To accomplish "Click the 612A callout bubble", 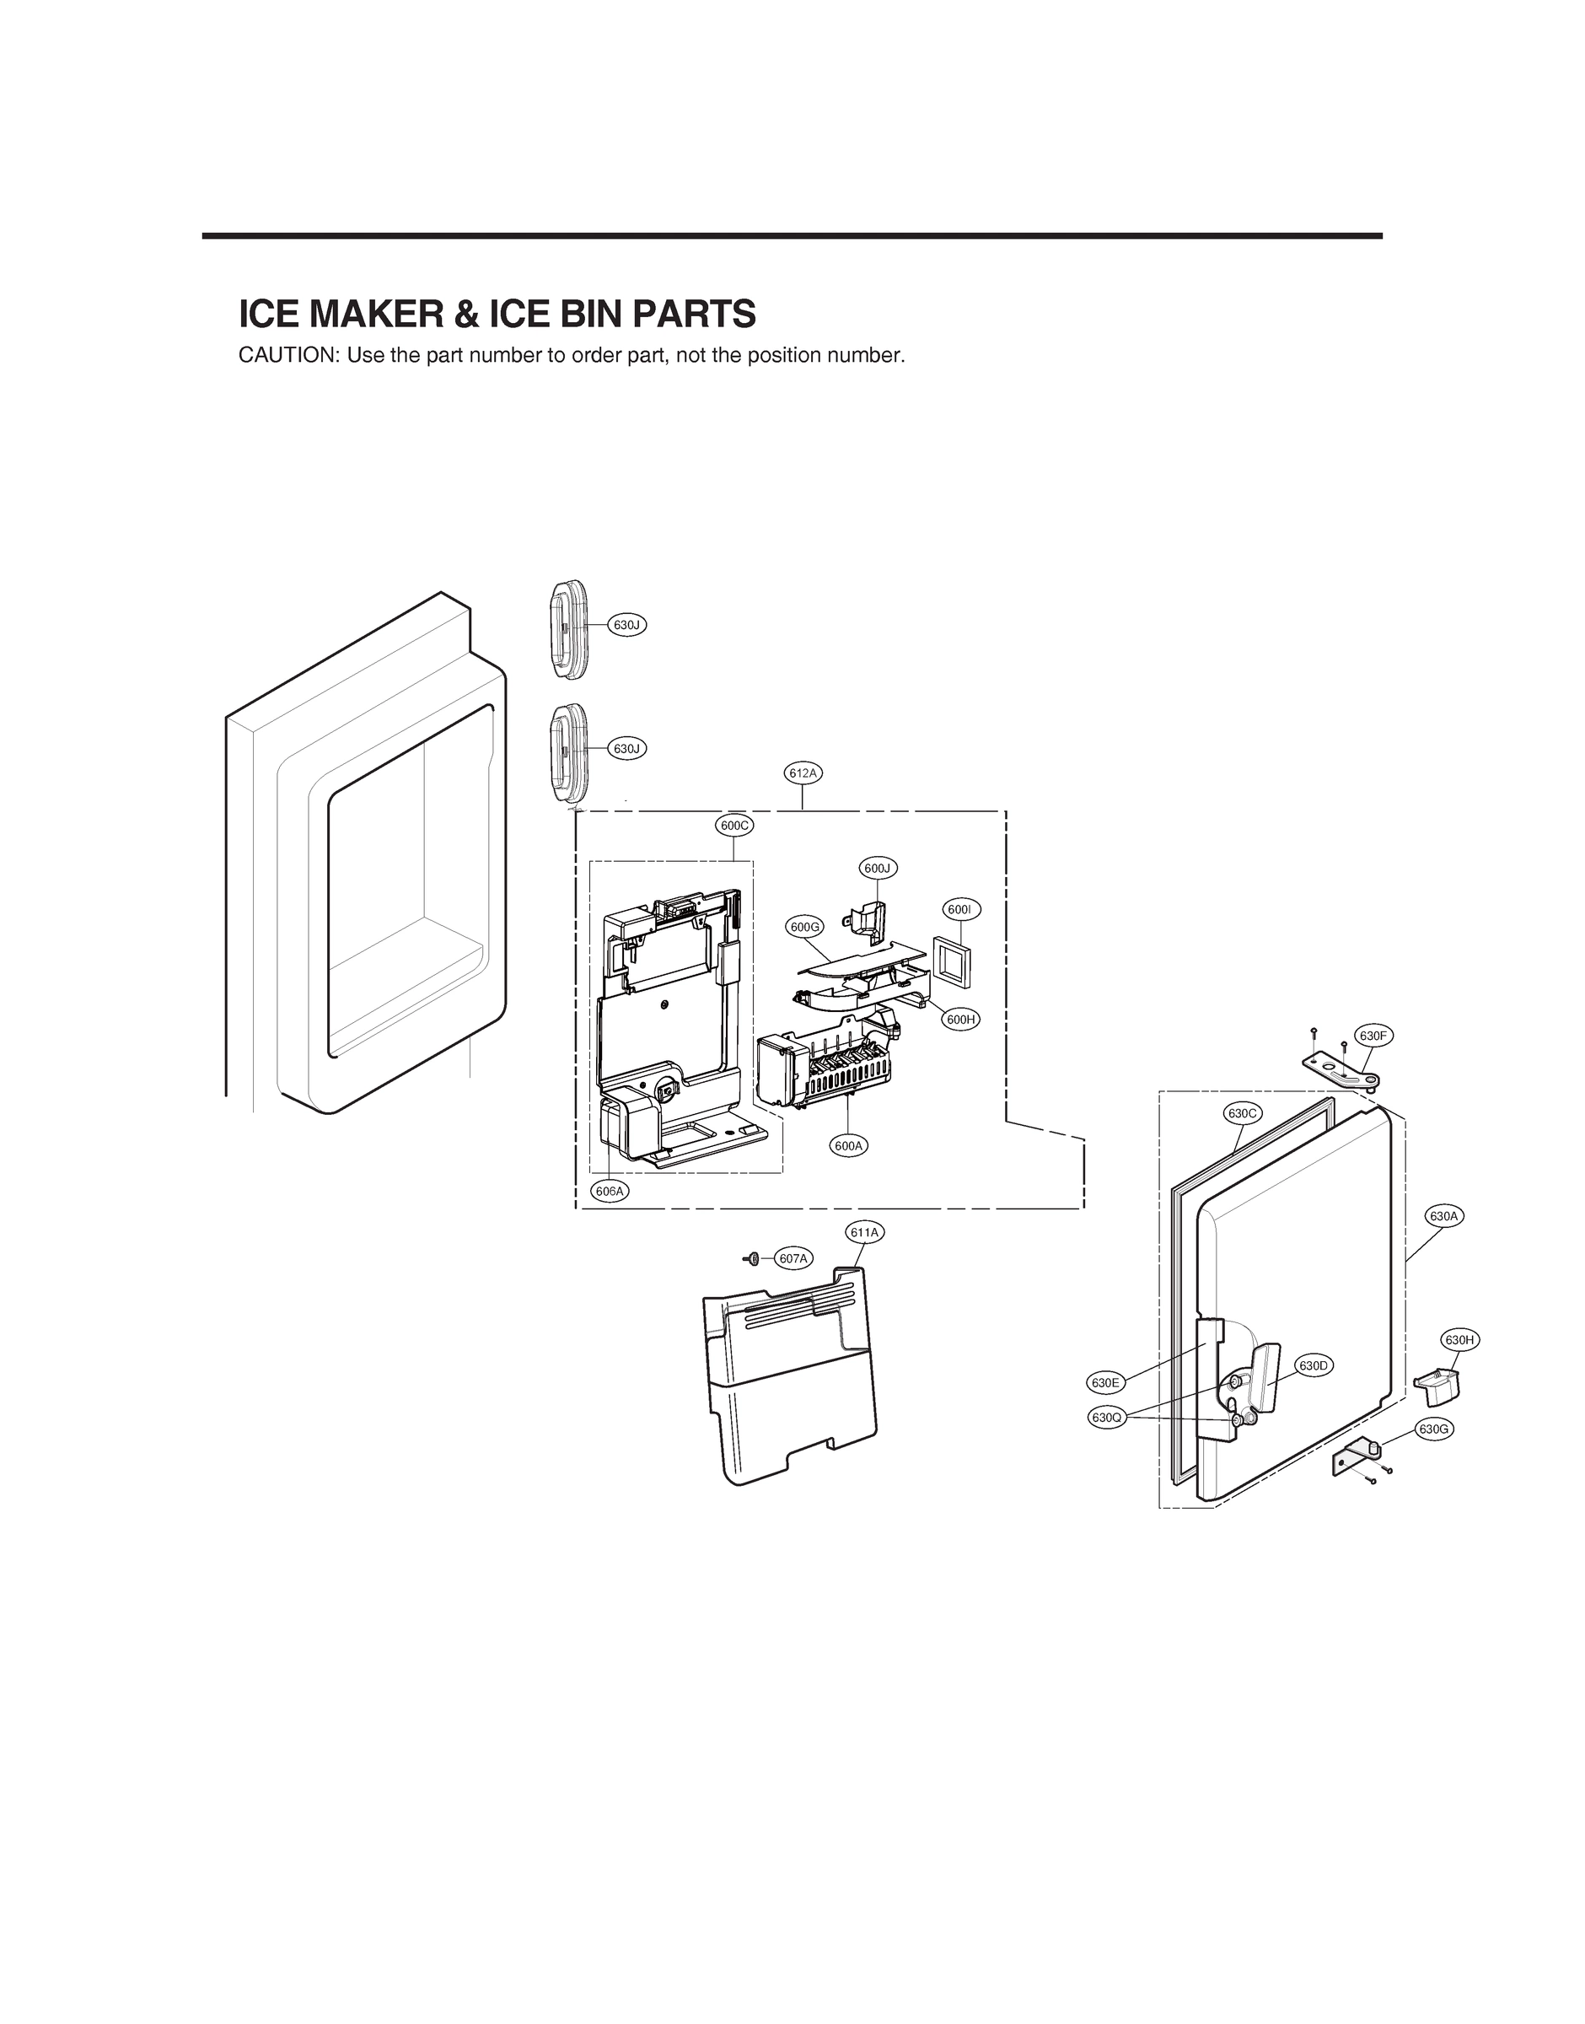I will click(803, 773).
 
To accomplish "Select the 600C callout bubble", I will click(734, 825).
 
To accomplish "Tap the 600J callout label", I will click(877, 868).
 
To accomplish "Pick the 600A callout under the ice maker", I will click(848, 1146).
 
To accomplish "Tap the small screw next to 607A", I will click(753, 1258).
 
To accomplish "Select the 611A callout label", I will click(864, 1232).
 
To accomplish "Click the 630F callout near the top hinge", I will click(1374, 1036).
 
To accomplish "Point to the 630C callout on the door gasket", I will click(1242, 1112).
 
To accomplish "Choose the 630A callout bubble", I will click(1444, 1216).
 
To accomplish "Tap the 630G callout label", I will click(1434, 1429).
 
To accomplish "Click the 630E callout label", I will click(1105, 1383).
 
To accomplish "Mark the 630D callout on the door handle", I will click(1314, 1366).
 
